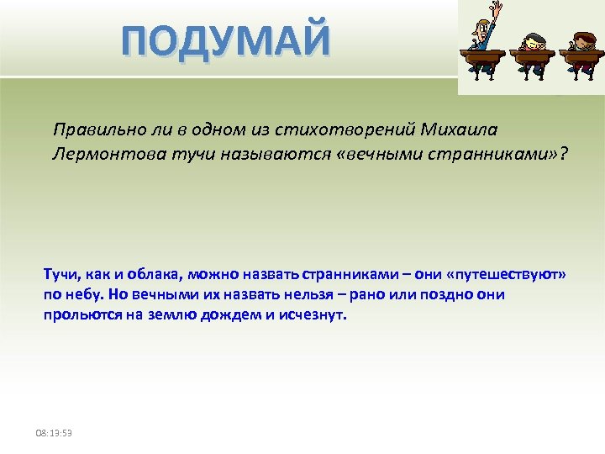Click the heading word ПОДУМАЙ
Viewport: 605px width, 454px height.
(226, 41)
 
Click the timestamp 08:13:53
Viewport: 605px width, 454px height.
(54, 433)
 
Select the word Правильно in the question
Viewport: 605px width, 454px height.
(93, 130)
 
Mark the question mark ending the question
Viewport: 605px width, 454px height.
(562, 153)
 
